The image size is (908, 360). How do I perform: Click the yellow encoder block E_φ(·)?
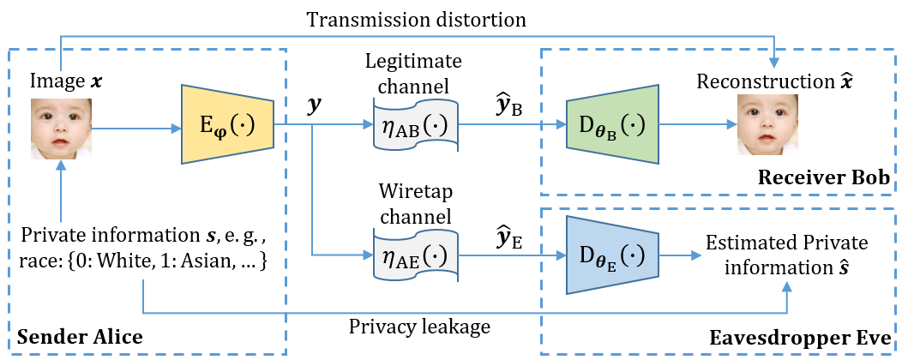(x=227, y=124)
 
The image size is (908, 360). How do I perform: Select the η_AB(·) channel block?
(x=416, y=125)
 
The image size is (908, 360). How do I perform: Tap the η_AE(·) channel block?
(x=416, y=255)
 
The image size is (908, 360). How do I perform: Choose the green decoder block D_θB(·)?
(x=612, y=124)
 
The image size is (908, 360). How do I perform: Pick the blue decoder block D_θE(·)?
(x=612, y=255)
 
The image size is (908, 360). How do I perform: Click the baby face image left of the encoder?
(x=62, y=129)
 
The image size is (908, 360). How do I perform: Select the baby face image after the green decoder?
(x=768, y=125)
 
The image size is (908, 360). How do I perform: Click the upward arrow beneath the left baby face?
(x=62, y=193)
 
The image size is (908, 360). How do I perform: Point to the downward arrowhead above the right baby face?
(x=774, y=63)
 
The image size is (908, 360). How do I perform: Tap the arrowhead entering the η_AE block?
(x=368, y=255)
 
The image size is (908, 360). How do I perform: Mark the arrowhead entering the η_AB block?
(x=368, y=125)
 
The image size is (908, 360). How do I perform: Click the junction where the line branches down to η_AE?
(x=312, y=125)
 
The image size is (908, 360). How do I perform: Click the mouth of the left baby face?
(x=60, y=143)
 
